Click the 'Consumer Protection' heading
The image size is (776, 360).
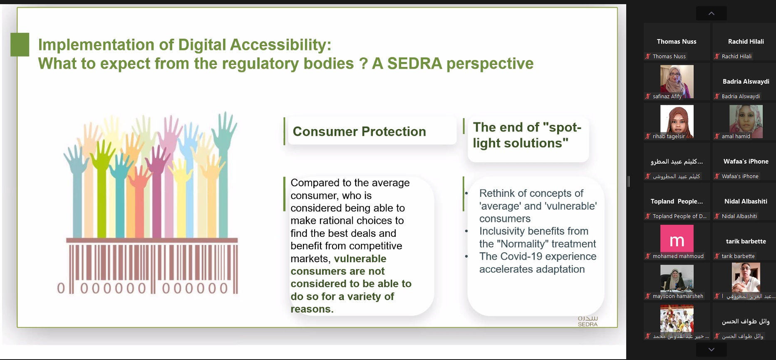point(359,132)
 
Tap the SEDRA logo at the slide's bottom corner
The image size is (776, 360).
point(588,321)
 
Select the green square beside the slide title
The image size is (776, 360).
point(20,45)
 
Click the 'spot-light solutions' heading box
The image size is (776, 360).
point(528,139)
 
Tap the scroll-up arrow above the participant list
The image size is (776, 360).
point(712,13)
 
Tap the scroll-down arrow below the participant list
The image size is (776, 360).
point(712,349)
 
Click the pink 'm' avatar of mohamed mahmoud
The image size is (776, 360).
point(677,238)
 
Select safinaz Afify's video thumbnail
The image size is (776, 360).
point(677,82)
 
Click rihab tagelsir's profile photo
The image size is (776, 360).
point(677,122)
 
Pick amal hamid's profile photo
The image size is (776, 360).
point(746,122)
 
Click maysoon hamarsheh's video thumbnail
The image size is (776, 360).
point(677,278)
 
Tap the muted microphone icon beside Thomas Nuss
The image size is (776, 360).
point(648,56)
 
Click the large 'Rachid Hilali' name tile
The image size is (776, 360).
point(746,42)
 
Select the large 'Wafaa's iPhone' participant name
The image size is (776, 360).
point(746,161)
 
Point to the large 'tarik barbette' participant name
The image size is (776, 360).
point(746,241)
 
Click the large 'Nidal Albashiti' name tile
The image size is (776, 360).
point(746,201)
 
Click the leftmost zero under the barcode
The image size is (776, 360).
point(61,288)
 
